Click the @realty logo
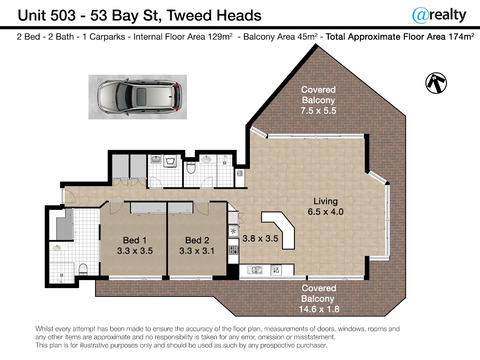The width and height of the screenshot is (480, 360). (439, 15)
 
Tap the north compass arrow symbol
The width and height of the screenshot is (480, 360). (436, 83)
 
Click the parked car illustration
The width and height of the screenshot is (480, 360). (140, 97)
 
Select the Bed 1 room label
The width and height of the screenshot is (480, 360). (134, 240)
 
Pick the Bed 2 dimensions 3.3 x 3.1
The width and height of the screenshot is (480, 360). (197, 251)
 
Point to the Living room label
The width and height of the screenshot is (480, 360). (326, 201)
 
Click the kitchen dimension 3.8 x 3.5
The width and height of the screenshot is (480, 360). (260, 238)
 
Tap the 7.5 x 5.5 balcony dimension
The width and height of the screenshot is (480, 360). (318, 111)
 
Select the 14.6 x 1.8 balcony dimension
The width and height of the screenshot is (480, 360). (319, 309)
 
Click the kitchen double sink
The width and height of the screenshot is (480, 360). (255, 270)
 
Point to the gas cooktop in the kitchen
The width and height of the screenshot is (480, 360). (233, 250)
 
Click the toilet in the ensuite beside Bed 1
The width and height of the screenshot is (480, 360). (83, 270)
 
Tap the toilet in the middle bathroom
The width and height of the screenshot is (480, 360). (191, 168)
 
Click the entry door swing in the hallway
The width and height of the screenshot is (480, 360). (70, 196)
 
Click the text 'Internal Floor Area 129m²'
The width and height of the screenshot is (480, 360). (183, 36)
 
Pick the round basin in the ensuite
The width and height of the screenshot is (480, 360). (57, 248)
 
